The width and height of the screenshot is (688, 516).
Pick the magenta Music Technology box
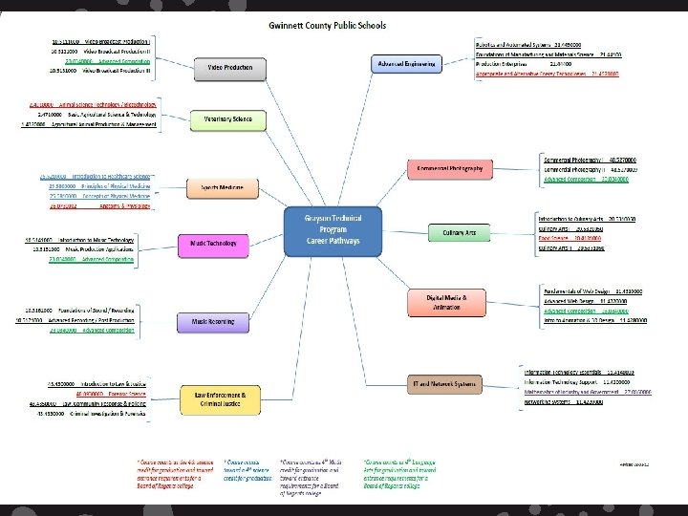pyautogui.click(x=212, y=245)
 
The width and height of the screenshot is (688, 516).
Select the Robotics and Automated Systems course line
pyautogui.click(x=542, y=44)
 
